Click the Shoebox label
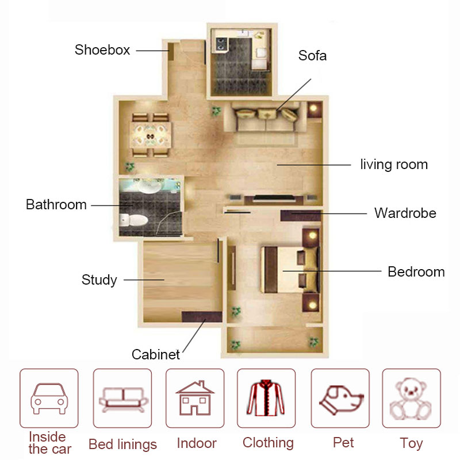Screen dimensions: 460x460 pyautogui.click(x=102, y=50)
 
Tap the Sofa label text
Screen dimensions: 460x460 pyautogui.click(x=312, y=55)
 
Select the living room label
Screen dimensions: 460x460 pyautogui.click(x=394, y=164)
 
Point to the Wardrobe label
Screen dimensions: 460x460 pyautogui.click(x=405, y=213)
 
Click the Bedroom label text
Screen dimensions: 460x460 pyautogui.click(x=416, y=271)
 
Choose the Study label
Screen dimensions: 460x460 pyautogui.click(x=99, y=280)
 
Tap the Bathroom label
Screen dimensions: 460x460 pyautogui.click(x=56, y=205)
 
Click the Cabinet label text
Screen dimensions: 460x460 pyautogui.click(x=155, y=354)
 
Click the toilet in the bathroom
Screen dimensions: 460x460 pyautogui.click(x=134, y=220)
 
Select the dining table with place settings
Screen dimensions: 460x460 pyautogui.click(x=151, y=135)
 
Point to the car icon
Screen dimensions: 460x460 pyautogui.click(x=49, y=398)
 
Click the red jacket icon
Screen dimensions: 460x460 pyautogui.click(x=266, y=398)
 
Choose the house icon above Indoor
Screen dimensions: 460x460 pyautogui.click(x=195, y=398)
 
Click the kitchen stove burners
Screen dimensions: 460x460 pyautogui.click(x=220, y=44)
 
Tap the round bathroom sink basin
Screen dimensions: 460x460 pyautogui.click(x=149, y=186)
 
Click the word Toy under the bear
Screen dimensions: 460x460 pyautogui.click(x=411, y=443)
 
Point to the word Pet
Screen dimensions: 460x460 pyautogui.click(x=343, y=442)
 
